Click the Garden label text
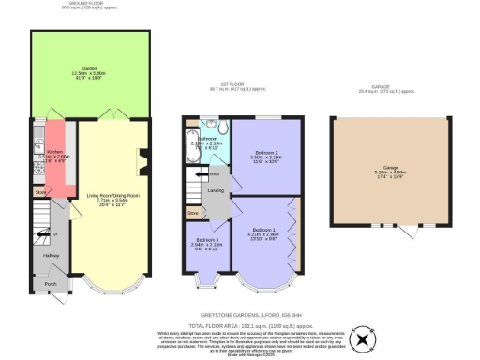tap(91, 70)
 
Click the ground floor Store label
tap(40, 192)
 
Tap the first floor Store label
tap(194, 214)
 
